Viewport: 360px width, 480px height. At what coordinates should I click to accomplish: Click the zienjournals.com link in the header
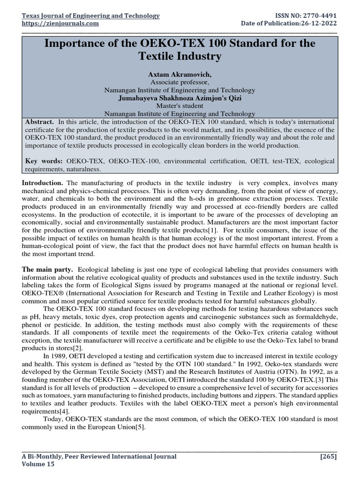(x=60, y=23)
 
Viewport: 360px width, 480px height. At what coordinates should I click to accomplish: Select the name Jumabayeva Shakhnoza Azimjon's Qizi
(x=180, y=98)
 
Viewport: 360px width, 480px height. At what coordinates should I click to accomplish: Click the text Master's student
(x=180, y=106)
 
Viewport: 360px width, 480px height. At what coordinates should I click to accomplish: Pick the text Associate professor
(x=180, y=82)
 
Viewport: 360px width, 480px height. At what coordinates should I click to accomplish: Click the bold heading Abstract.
(x=39, y=121)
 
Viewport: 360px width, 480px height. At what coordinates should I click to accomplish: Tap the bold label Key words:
(x=45, y=161)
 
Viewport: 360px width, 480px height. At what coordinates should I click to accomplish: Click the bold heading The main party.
(x=47, y=270)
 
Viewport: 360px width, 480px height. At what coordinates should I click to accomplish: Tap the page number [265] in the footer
(x=328, y=456)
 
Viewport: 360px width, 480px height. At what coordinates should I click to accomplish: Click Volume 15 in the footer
(x=38, y=464)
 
